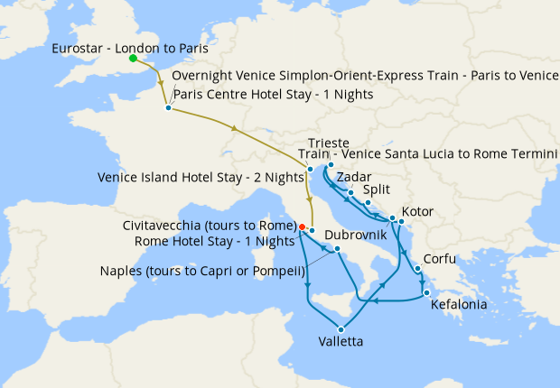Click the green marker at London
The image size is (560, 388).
click(x=133, y=59)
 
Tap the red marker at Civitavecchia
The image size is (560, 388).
click(x=302, y=226)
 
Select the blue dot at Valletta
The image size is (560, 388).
click(x=341, y=328)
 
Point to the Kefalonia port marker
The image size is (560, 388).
click(x=425, y=291)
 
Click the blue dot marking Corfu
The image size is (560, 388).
click(x=417, y=268)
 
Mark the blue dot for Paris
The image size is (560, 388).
click(x=168, y=108)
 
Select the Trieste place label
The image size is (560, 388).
click(x=329, y=143)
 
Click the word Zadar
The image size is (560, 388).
click(x=353, y=178)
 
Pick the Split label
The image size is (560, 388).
click(x=377, y=190)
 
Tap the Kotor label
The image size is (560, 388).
click(x=417, y=212)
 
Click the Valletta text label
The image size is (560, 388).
click(x=342, y=342)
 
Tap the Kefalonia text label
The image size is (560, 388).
click(x=460, y=305)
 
